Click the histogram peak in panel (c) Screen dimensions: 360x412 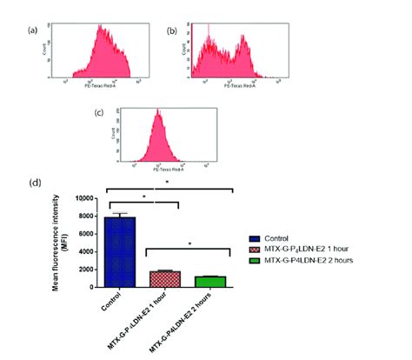tap(157, 112)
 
